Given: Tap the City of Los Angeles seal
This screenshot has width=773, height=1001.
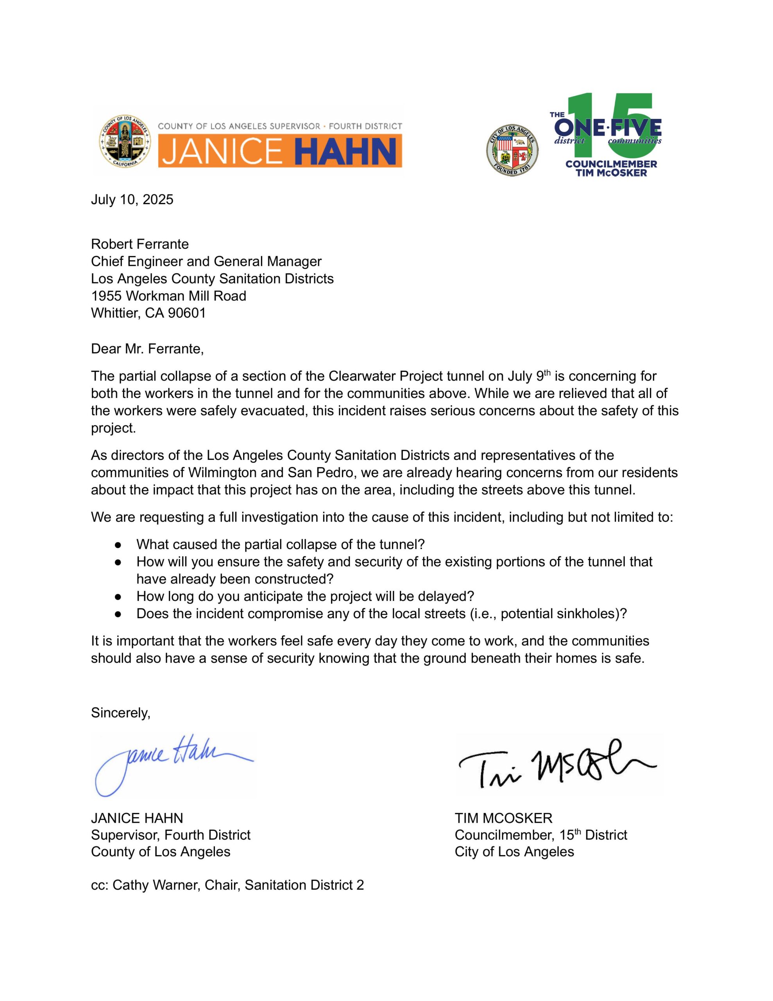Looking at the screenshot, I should click(512, 150).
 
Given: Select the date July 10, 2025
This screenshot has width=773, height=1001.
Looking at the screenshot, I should click(132, 199).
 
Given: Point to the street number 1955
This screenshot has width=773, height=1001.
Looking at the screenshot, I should click(106, 296).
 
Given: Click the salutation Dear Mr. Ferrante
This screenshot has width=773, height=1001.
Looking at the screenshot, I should click(147, 349).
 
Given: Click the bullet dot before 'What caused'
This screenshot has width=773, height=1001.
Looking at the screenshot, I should click(118, 545).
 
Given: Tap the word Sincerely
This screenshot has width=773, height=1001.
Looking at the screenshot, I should click(120, 713).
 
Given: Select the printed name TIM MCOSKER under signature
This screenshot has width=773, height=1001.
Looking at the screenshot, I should click(503, 818).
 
